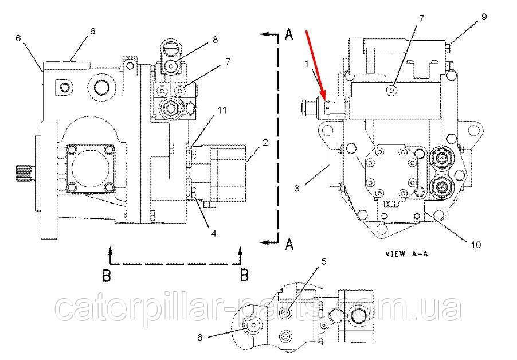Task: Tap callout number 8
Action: (215, 40)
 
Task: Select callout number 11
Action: (222, 110)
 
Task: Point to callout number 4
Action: (214, 233)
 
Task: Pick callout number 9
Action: (484, 17)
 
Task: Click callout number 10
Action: (476, 245)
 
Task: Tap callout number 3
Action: (297, 188)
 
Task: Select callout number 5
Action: (323, 261)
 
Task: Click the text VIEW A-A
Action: (406, 253)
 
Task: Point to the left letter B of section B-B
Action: (106, 275)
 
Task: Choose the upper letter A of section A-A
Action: (288, 34)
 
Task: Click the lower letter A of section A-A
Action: (289, 244)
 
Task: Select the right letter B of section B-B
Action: (244, 275)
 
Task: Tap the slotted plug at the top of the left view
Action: (171, 48)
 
